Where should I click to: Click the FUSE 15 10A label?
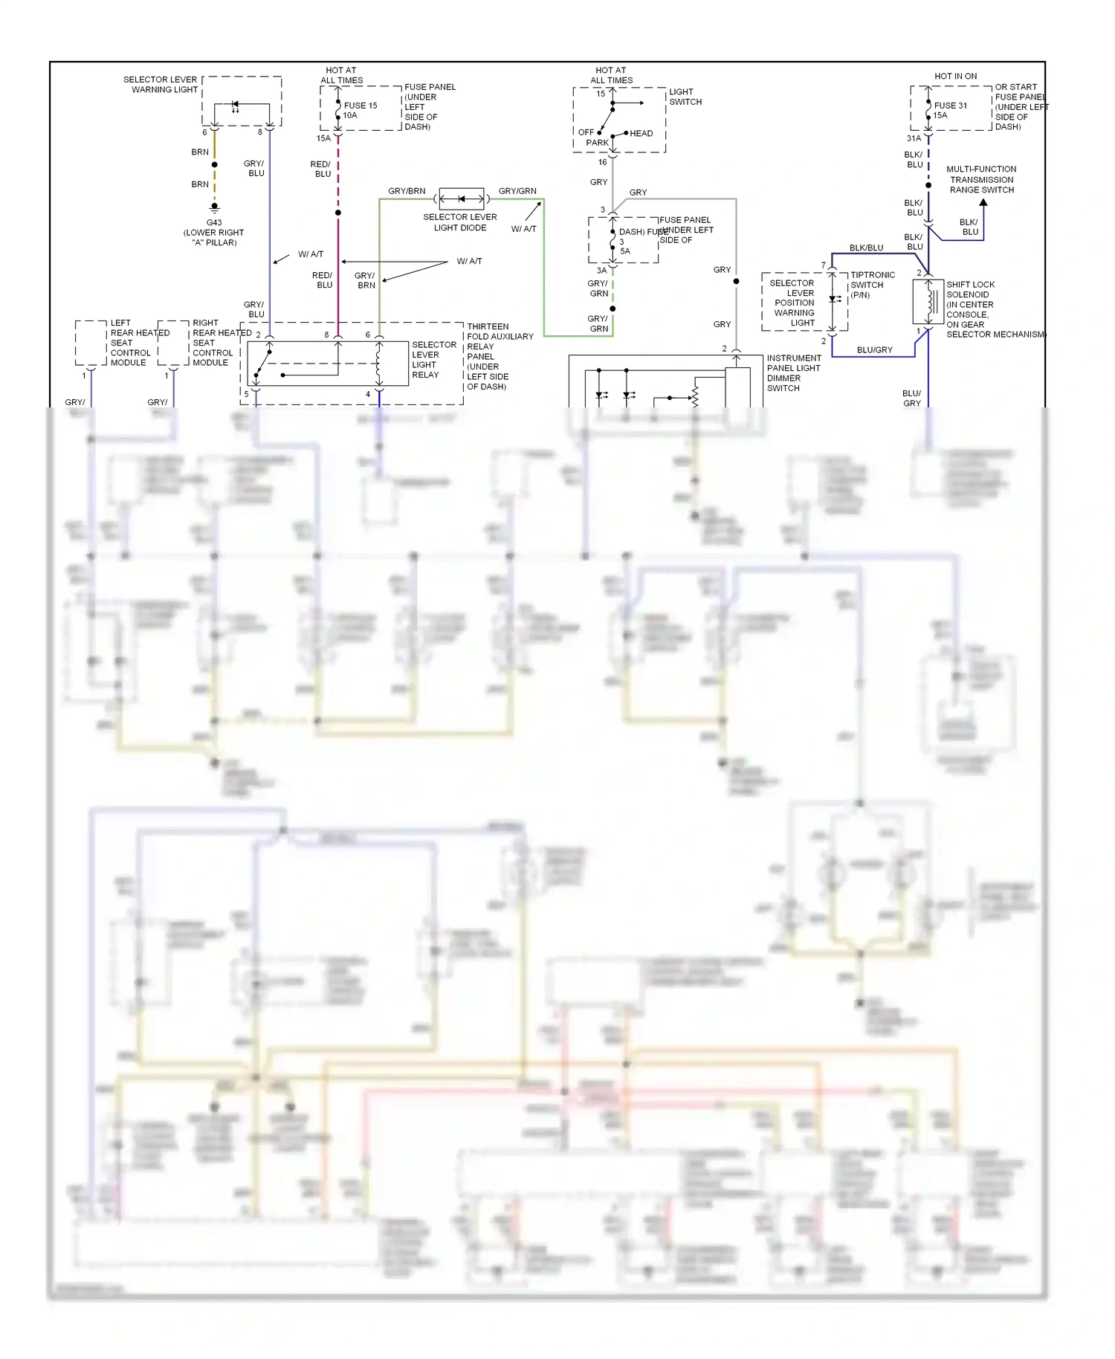[x=360, y=110]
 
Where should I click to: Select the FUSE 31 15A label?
[x=950, y=110]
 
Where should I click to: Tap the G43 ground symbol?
[x=214, y=207]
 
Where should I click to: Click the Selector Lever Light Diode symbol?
[x=461, y=198]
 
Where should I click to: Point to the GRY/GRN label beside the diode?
[x=517, y=191]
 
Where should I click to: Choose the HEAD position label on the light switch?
[x=641, y=134]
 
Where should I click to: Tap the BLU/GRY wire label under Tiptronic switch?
[x=874, y=349]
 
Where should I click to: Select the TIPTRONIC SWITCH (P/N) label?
[x=872, y=285]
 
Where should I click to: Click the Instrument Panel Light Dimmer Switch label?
[x=793, y=372]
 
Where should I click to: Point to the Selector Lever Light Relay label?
[x=433, y=360]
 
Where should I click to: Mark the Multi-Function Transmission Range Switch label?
[x=981, y=179]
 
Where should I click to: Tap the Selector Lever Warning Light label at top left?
[x=160, y=84]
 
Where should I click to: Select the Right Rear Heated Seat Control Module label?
[x=214, y=343]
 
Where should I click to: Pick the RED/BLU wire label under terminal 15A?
[x=321, y=169]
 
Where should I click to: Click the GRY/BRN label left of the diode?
[x=407, y=191]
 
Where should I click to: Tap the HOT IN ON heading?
[x=955, y=76]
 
